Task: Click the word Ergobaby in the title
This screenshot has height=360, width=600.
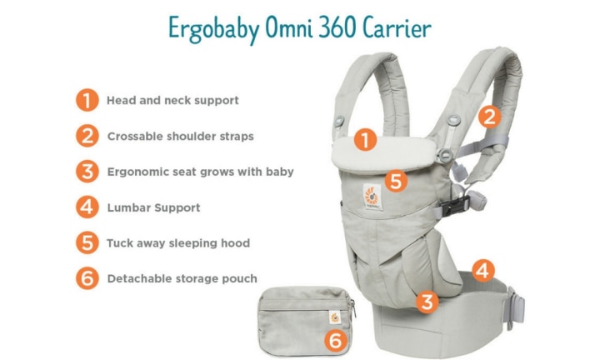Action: [x=213, y=28]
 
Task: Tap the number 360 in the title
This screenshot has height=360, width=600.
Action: [x=337, y=27]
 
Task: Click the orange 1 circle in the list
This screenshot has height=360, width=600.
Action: [x=87, y=100]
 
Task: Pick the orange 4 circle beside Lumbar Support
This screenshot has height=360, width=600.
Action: [x=87, y=207]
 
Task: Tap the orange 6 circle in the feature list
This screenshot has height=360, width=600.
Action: [x=87, y=278]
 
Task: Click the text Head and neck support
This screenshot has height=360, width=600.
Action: [x=172, y=100]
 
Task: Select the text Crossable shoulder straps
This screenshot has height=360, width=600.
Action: [x=180, y=136]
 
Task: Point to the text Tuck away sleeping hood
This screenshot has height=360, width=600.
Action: [x=178, y=243]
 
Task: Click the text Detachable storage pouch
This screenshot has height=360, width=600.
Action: [x=182, y=278]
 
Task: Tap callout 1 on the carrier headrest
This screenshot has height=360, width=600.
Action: [x=365, y=140]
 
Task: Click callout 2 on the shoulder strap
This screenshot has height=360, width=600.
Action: [x=489, y=117]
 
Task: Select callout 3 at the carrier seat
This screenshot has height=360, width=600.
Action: [x=427, y=302]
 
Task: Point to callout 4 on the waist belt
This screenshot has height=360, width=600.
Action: [x=483, y=271]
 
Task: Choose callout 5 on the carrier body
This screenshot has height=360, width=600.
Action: [x=396, y=181]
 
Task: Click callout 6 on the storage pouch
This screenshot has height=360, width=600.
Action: [x=336, y=340]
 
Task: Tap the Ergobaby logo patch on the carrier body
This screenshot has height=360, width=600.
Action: [x=372, y=197]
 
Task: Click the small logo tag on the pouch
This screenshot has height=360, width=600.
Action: [x=335, y=317]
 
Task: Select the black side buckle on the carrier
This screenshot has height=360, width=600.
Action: [x=455, y=206]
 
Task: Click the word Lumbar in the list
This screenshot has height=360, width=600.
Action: [x=129, y=207]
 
